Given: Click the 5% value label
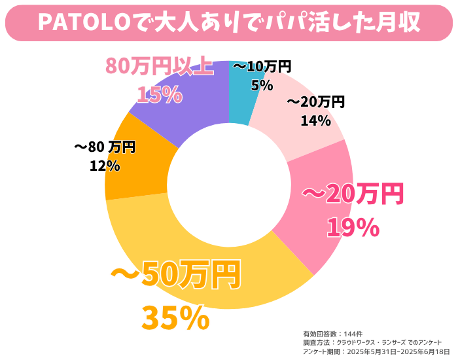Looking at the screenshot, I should [262, 85].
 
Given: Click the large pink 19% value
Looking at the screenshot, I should [353, 227].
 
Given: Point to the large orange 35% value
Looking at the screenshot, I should [175, 319].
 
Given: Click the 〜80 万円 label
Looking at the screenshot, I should [105, 147].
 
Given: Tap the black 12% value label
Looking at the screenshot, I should [105, 166].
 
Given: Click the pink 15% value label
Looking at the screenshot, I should [159, 95].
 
